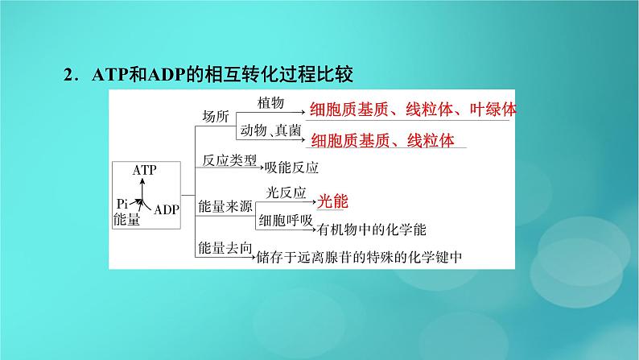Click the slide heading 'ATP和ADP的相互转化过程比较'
[x=222, y=75]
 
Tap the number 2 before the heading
[x=68, y=75]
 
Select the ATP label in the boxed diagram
[x=144, y=170]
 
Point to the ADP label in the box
[x=167, y=210]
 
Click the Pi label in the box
[x=122, y=204]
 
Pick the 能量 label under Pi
[x=126, y=219]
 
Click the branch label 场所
[x=216, y=117]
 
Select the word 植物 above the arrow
[x=270, y=103]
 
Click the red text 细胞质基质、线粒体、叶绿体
[x=413, y=110]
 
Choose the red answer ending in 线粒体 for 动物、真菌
[x=382, y=141]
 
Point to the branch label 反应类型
[x=229, y=160]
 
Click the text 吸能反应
[x=291, y=168]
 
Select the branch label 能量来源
[x=225, y=206]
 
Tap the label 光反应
[x=286, y=192]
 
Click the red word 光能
[x=332, y=201]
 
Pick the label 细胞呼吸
[x=286, y=221]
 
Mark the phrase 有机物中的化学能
[x=372, y=230]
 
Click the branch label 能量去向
[x=225, y=248]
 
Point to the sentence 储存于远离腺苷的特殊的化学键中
[x=359, y=257]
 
